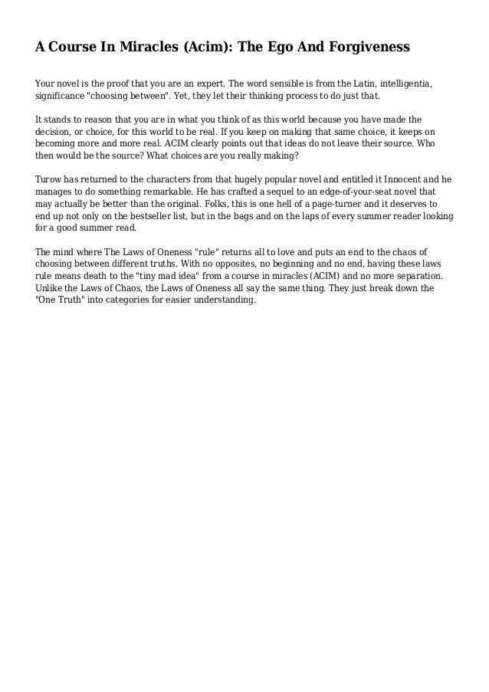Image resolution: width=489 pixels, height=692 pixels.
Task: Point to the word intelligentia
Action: pos(398,84)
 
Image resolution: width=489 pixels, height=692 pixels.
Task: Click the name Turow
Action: pos(51,179)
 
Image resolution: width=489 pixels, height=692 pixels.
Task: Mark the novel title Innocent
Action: pos(401,179)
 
